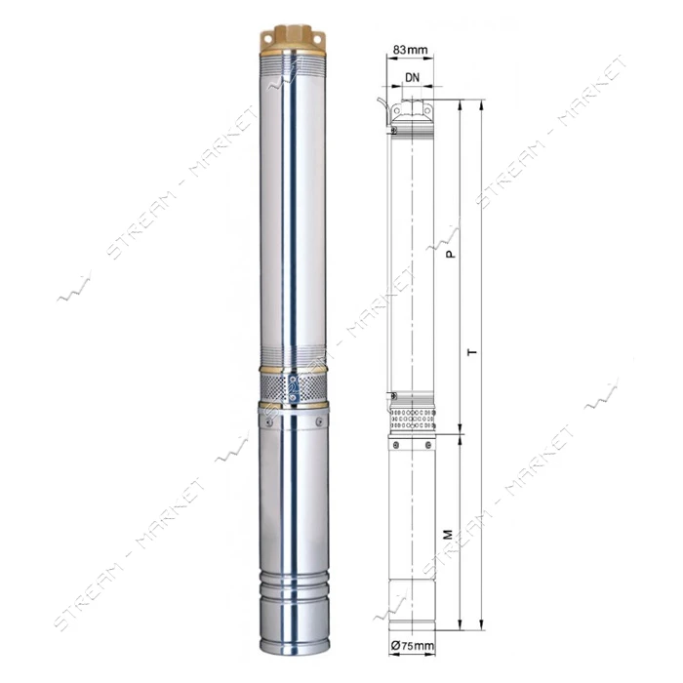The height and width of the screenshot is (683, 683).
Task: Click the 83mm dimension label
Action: coord(410,50)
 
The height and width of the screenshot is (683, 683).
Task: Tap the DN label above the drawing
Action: coord(412,77)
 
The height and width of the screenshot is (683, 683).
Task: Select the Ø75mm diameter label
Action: coord(413,645)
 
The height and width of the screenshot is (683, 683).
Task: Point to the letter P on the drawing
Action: coord(452,253)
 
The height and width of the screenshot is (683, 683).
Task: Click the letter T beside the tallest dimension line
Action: coord(472,351)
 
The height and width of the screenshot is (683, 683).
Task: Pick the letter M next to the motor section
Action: coord(448,534)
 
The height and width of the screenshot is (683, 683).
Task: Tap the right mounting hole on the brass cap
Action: coord(317,39)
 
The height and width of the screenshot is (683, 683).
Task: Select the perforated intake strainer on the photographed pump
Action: coord(293,387)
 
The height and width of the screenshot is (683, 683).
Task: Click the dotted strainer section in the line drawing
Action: coord(413,419)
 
